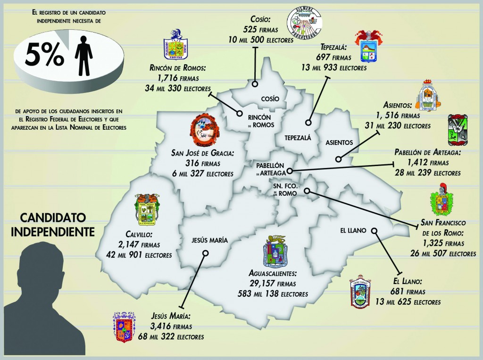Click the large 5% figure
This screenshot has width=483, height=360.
click(44, 56)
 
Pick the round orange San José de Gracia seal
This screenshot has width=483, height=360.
click(205, 131)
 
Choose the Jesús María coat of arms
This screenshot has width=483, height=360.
click(124, 326)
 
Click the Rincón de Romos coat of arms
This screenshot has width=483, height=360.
click(173, 45)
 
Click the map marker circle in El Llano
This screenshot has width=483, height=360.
click(375, 231)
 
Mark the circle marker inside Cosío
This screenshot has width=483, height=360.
click(255, 84)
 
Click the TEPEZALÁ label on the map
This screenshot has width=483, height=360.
click(298, 138)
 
